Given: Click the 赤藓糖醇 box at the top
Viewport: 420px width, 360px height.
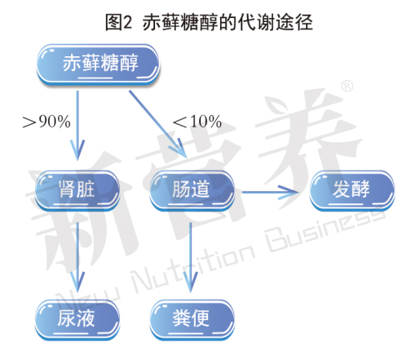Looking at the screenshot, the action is tap(98, 64).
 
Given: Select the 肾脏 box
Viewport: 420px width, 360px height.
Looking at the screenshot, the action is tap(77, 190).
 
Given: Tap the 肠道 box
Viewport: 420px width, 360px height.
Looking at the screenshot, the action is tap(192, 190).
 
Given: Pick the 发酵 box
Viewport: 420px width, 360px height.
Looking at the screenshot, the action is tap(352, 190).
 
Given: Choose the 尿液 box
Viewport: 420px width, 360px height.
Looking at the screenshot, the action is tap(77, 320).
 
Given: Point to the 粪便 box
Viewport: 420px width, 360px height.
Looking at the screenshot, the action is tap(192, 320).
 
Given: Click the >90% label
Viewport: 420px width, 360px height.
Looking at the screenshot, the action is tap(46, 122).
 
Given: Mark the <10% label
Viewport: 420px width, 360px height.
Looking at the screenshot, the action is tap(197, 122).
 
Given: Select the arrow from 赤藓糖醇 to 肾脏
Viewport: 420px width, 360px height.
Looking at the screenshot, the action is tap(77, 126).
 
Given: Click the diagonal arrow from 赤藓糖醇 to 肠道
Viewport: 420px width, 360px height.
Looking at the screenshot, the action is tap(158, 124).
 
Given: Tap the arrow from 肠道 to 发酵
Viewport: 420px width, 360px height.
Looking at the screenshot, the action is tap(270, 192).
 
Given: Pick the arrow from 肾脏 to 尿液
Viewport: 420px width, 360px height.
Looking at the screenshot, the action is tap(77, 257).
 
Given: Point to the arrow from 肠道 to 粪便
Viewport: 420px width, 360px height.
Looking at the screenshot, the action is tap(190, 257).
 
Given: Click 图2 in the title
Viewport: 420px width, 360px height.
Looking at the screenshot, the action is tap(118, 23).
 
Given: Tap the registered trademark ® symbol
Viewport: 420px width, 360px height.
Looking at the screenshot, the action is tap(347, 87).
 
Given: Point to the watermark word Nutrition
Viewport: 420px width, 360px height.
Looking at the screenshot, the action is tap(193, 267).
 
